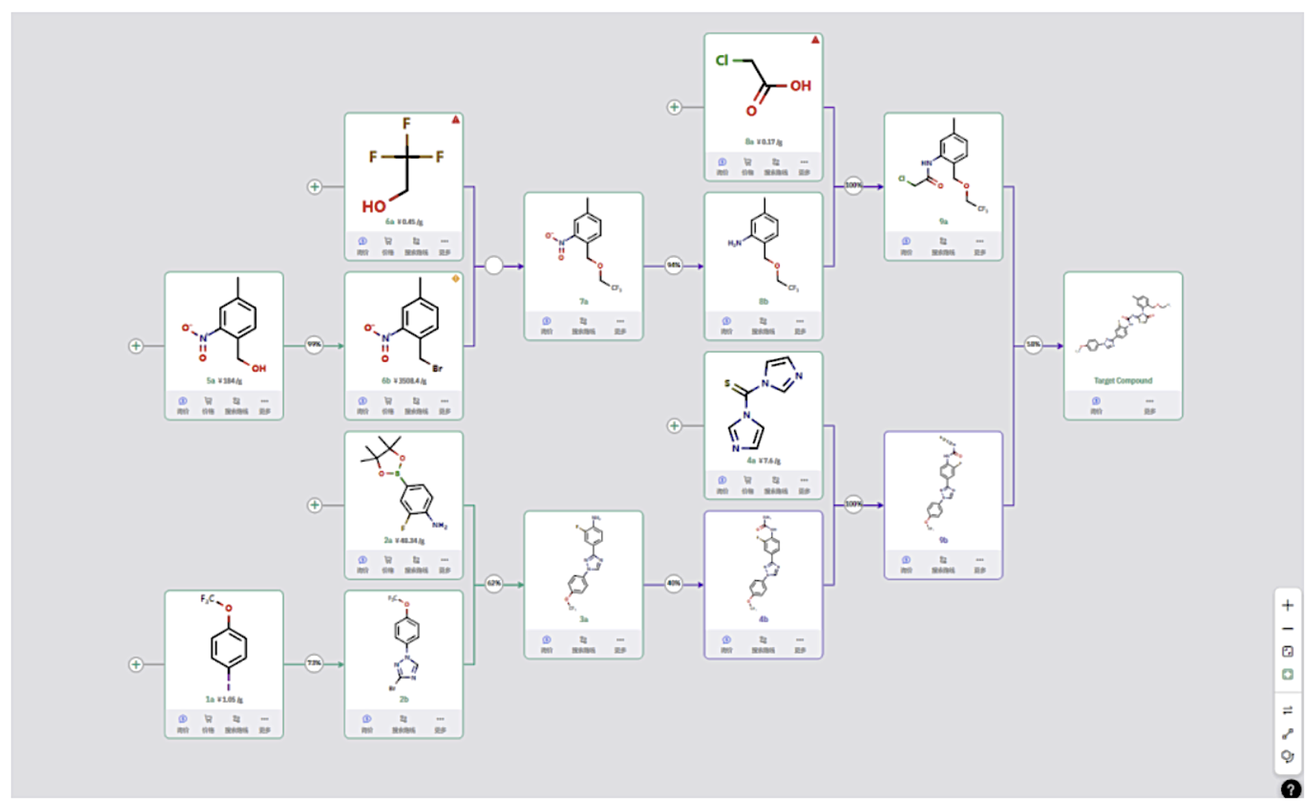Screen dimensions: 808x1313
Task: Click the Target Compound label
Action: [x=1122, y=381]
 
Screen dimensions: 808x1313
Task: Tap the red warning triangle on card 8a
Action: [x=815, y=40]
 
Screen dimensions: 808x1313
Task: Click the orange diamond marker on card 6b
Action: [x=455, y=279]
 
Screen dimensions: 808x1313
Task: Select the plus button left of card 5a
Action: [x=135, y=345]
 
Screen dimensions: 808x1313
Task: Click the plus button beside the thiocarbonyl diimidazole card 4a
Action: [x=674, y=426]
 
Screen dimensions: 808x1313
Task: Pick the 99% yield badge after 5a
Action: [x=314, y=344]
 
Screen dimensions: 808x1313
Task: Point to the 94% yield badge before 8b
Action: [x=673, y=265]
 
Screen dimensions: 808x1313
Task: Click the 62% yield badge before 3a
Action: [x=494, y=583]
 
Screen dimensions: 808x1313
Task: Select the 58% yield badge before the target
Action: [x=1033, y=344]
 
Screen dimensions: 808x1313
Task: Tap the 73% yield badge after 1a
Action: [x=314, y=663]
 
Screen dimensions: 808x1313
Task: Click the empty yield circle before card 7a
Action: [x=494, y=265]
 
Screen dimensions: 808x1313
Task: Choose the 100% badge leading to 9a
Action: [x=853, y=185]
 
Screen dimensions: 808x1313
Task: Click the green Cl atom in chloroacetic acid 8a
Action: [x=722, y=61]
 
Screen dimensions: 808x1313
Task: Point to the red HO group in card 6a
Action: [x=374, y=207]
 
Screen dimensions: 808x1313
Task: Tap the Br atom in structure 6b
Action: [x=437, y=368]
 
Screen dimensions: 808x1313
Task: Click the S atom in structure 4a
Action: [x=727, y=383]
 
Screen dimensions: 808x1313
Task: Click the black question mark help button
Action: [x=1290, y=789]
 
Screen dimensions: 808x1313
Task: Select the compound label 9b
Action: [x=943, y=540]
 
